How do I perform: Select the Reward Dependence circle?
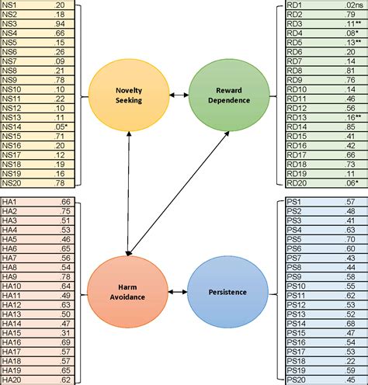click(x=222, y=95)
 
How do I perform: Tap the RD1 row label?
click(x=297, y=5)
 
